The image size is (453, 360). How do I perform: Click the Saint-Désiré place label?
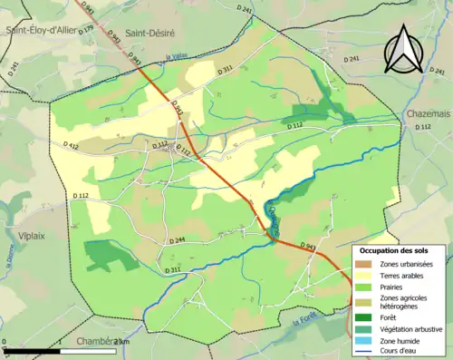[x=149, y=32]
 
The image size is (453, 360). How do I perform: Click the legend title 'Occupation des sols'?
[x=398, y=249]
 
